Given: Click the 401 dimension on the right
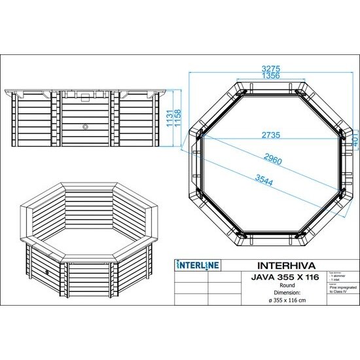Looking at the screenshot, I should pyautogui.click(x=352, y=138).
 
